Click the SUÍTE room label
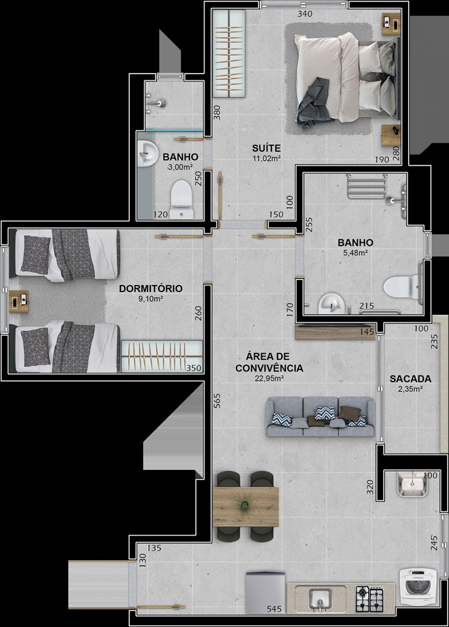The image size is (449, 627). click(x=266, y=148)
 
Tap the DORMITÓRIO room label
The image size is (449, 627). click(x=151, y=288)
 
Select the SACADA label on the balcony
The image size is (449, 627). click(x=410, y=379)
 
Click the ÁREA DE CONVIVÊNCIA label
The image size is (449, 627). click(x=269, y=362)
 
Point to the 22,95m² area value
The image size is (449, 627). click(x=269, y=379)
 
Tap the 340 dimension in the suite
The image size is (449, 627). click(x=305, y=13)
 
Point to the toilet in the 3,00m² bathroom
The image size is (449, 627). click(x=182, y=199)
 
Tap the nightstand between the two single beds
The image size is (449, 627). click(x=18, y=301)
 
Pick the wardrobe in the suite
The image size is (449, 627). click(x=229, y=54)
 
